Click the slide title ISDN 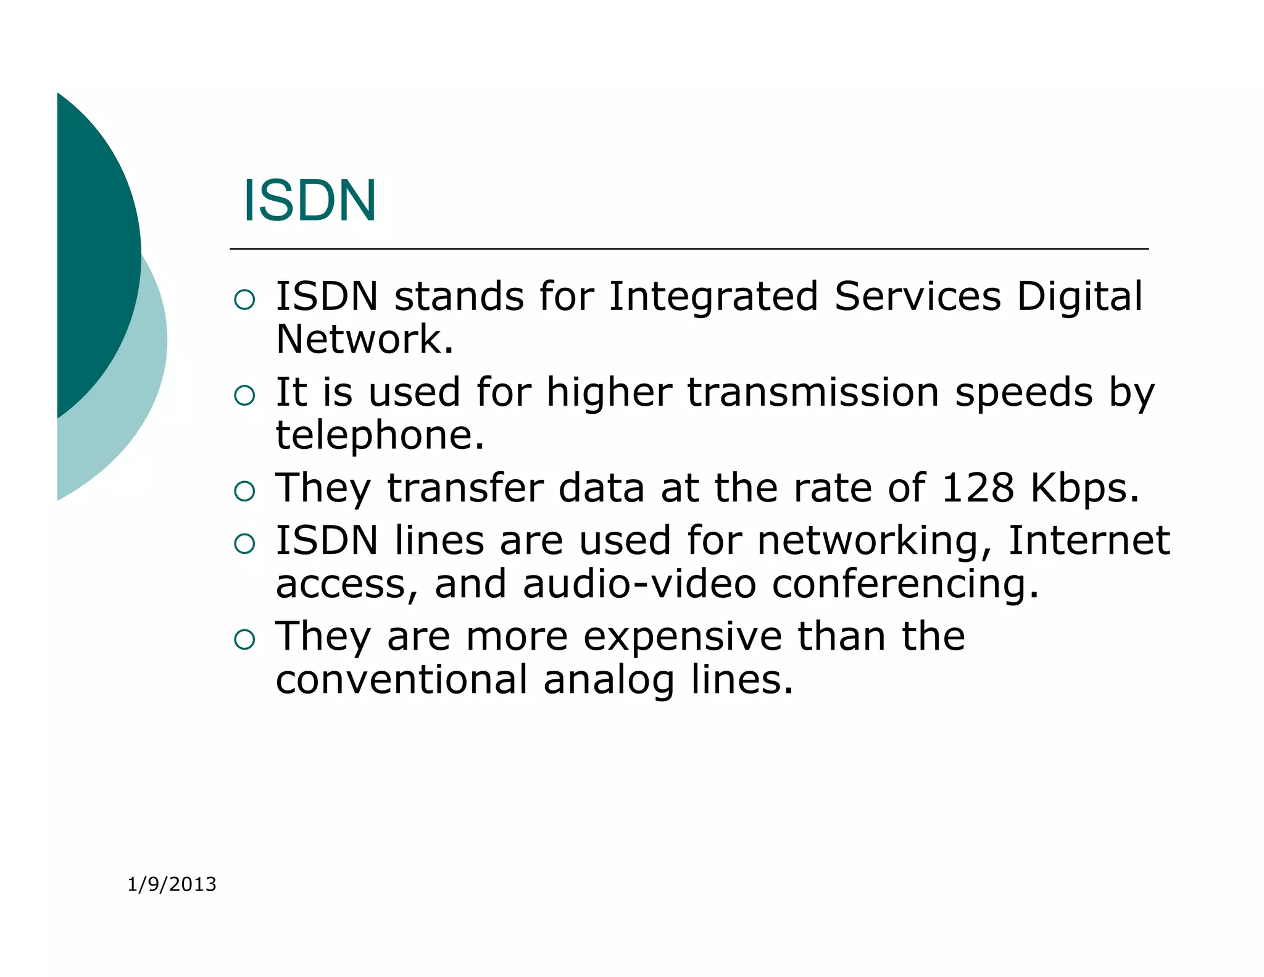[309, 201]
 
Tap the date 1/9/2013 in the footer [172, 884]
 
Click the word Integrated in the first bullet [713, 296]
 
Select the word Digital [1079, 296]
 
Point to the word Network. [364, 340]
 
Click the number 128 [978, 488]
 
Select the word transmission [813, 393]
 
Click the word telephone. [380, 436]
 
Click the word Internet [1089, 541]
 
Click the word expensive [683, 637]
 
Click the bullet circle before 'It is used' [245, 395]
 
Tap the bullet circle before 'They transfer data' [245, 491]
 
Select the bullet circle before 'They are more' [245, 639]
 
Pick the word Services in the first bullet [917, 296]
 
